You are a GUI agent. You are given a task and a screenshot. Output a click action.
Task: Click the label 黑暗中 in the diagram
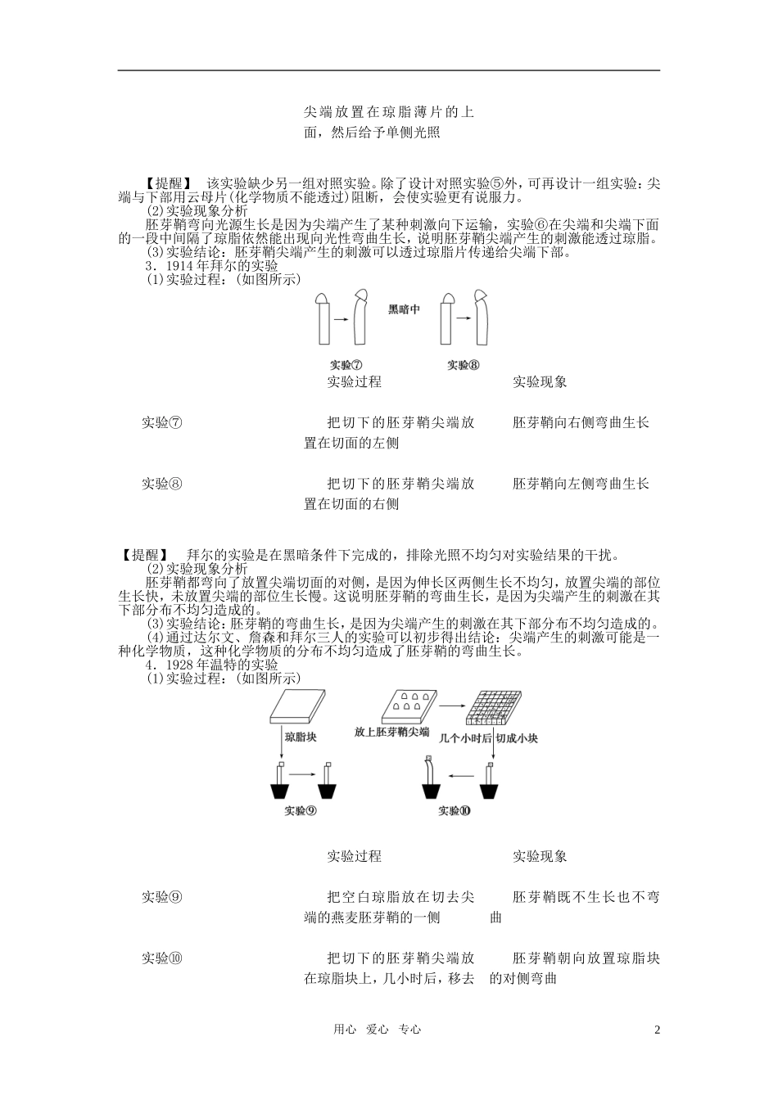pos(404,309)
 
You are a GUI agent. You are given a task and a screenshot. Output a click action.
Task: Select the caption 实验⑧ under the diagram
pos(464,364)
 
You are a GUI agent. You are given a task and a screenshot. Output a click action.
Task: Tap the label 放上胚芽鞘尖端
pos(392,732)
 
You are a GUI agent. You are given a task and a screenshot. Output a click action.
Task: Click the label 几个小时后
pos(465,737)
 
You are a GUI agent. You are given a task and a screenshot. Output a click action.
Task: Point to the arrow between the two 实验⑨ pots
pos(303,773)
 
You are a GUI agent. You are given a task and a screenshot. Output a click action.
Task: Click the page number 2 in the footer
pos(657,1030)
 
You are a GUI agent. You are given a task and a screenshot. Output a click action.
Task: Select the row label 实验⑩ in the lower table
pos(162,958)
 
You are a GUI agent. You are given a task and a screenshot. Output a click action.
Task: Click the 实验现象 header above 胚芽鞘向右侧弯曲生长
pos(540,381)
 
